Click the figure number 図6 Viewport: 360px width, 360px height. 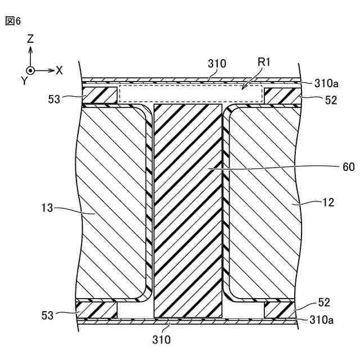(x=12, y=21)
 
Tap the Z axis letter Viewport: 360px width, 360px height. (x=30, y=39)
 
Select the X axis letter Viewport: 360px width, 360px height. (x=59, y=70)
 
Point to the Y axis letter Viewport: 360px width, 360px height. (x=24, y=81)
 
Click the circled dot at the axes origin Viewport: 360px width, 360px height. (x=31, y=70)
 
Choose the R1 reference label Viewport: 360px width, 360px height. (x=265, y=63)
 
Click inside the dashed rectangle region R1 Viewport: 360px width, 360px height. (x=191, y=94)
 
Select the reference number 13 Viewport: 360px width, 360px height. (x=47, y=208)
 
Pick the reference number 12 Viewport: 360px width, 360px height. (x=328, y=202)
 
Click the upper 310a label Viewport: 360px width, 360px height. (x=326, y=84)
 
